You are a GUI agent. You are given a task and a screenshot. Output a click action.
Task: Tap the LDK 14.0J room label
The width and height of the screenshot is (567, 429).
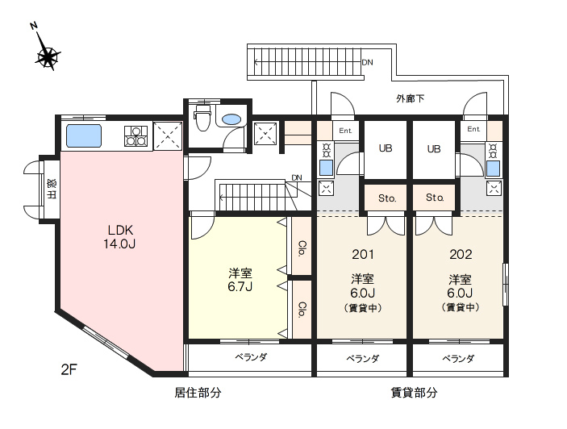coord(119,237)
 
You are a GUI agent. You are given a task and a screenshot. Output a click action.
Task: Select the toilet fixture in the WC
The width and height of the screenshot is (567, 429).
coord(202,118)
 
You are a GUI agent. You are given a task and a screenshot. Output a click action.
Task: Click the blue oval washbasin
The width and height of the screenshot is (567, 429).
coord(231,119)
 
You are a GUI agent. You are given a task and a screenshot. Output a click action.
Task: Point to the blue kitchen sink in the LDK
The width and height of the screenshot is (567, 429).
coord(84,135)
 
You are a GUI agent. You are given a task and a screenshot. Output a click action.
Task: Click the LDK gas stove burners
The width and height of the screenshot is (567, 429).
coord(136,136)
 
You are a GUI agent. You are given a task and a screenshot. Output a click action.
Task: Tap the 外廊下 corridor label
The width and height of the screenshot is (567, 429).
coord(410,98)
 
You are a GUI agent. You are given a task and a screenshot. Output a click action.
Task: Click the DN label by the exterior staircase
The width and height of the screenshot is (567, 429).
coord(368,63)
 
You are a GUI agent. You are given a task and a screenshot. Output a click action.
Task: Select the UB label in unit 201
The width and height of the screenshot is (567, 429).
coord(386,148)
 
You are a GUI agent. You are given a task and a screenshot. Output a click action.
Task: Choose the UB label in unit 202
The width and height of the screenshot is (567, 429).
coord(434,148)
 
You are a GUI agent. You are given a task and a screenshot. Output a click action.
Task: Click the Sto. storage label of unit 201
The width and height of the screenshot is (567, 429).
coord(387,198)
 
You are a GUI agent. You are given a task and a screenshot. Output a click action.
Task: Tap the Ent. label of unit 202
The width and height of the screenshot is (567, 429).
coord(473,129)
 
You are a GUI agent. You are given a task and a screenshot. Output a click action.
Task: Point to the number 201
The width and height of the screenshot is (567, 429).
coord(363,255)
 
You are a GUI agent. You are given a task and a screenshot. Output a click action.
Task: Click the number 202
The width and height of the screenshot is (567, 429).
coord(461,255)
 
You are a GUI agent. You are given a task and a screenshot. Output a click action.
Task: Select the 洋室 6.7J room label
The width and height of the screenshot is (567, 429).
coord(240,279)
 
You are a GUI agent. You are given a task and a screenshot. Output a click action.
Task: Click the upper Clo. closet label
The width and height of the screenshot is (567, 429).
coord(302,248)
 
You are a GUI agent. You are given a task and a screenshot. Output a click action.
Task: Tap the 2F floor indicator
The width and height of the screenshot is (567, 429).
coord(69,369)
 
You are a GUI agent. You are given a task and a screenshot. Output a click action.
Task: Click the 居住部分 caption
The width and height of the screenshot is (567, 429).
coord(198,393)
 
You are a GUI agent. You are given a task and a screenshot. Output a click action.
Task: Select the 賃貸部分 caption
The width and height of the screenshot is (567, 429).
coord(414,393)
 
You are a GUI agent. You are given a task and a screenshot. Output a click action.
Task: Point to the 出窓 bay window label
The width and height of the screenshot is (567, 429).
coord(52,190)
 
